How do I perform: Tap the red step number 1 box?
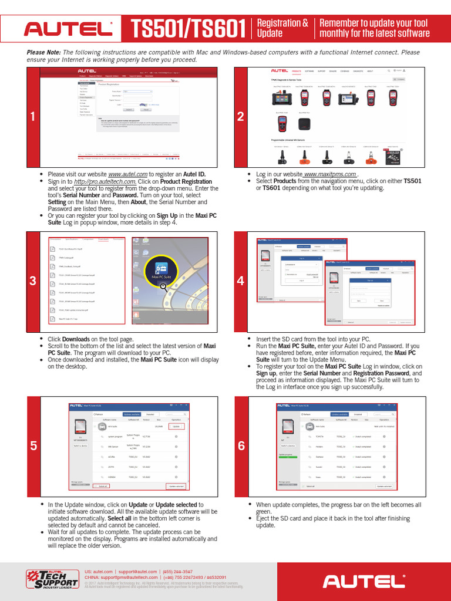click(33, 117)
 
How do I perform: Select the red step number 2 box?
click(240, 117)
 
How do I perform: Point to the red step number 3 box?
click(33, 281)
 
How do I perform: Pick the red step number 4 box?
click(240, 281)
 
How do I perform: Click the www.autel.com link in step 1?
click(127, 174)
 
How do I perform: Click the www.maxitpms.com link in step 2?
click(330, 174)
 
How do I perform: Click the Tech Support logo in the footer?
click(51, 579)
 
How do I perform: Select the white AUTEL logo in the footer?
click(364, 580)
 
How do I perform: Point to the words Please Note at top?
click(44, 52)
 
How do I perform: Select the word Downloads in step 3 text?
click(76, 339)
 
